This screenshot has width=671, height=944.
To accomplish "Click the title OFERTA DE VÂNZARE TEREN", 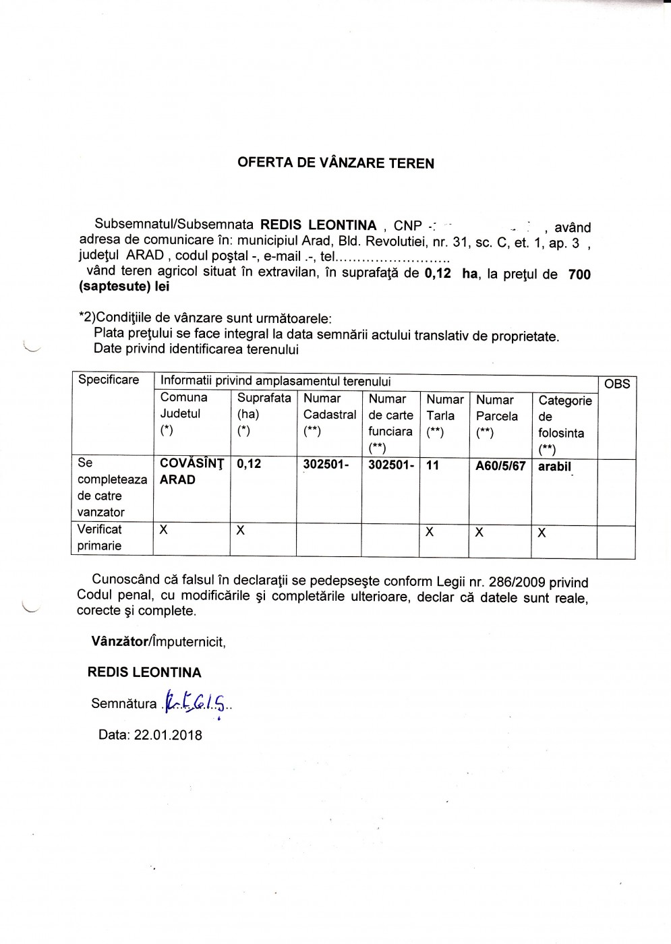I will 336,163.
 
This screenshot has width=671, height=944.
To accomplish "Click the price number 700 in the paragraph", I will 579,274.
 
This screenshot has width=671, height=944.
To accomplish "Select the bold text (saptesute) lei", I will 124,287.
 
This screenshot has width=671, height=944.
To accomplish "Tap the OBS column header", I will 617,384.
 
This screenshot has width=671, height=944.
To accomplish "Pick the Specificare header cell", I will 109,380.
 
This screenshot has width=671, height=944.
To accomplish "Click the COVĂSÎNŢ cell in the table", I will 192,463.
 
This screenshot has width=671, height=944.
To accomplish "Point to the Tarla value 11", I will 432,465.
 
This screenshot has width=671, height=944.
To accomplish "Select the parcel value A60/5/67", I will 500,466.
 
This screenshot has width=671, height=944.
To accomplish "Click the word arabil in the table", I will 554,466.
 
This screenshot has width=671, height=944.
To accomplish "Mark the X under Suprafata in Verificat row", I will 241,531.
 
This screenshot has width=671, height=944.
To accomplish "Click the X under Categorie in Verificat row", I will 542,533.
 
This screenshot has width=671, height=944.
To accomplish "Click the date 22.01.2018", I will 168,735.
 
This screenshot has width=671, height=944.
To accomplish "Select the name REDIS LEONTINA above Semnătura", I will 144,672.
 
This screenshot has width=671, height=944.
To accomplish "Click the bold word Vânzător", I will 119,641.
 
